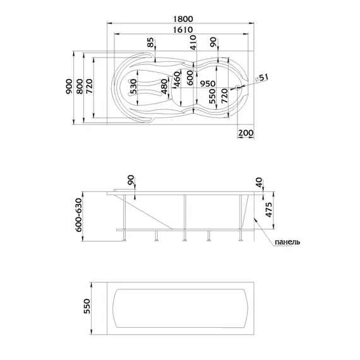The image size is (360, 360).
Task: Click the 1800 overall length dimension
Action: [183, 18]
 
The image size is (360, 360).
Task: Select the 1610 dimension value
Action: [183, 30]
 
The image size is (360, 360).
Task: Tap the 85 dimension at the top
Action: [150, 42]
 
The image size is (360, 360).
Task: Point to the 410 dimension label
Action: [193, 42]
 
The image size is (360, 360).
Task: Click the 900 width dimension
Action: [69, 87]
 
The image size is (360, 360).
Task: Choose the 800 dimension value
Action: [80, 87]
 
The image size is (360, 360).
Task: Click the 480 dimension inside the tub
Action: [164, 87]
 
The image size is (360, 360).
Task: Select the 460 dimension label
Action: [177, 80]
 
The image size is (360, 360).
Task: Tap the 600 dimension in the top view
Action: [190, 78]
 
